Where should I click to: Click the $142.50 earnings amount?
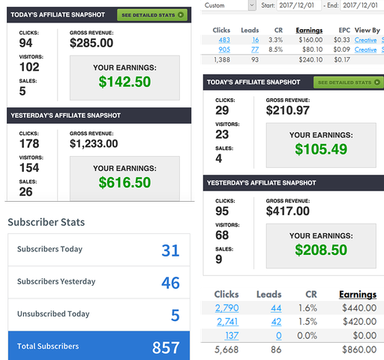[x=124, y=82]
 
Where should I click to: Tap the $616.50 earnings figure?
[x=124, y=182]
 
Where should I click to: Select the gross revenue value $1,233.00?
[x=94, y=143]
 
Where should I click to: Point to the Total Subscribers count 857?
[x=166, y=347]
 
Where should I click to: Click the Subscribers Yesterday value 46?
[x=170, y=283]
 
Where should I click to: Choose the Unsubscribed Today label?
[x=53, y=313]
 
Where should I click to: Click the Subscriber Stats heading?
[x=46, y=222]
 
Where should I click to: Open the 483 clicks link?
[x=224, y=40]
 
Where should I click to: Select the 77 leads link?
[x=255, y=49]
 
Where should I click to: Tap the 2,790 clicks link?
[x=227, y=308]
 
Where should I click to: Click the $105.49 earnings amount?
[x=321, y=149]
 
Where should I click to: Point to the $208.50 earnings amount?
[x=321, y=250]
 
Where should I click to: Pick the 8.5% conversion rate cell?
[x=275, y=49]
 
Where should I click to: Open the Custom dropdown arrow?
[x=252, y=5]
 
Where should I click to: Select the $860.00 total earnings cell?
[x=359, y=349]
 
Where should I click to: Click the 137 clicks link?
[x=232, y=335]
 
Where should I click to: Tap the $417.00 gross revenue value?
[x=288, y=211]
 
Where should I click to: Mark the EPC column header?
[x=344, y=30]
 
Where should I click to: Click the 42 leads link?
[x=276, y=322]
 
